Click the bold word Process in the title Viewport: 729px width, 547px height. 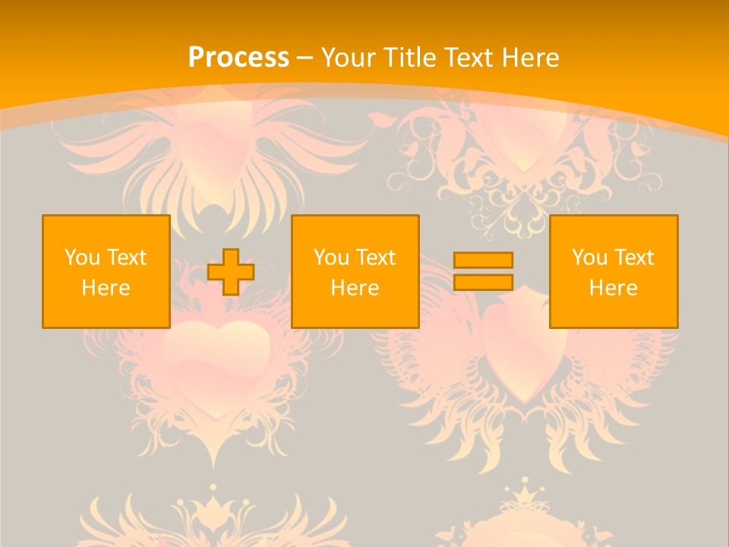point(238,58)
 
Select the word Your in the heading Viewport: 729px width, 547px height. point(349,58)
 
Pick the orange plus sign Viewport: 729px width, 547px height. point(231,272)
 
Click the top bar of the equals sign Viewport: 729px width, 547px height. point(483,260)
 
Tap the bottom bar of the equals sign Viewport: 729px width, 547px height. point(483,282)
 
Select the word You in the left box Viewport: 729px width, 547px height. point(82,258)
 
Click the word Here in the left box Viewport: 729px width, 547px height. point(106,288)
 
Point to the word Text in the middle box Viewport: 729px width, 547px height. point(375,258)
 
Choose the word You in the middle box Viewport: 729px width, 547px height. point(331,258)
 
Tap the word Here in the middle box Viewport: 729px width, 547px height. point(355,288)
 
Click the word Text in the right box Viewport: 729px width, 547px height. point(633,258)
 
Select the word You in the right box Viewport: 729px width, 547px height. point(589,258)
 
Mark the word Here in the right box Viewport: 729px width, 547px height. point(613,288)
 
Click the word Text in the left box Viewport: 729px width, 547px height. point(126,258)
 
